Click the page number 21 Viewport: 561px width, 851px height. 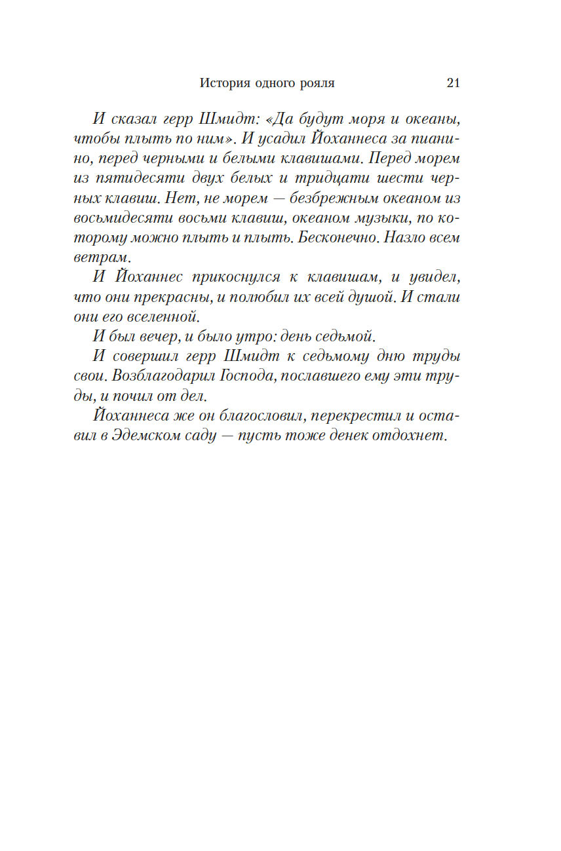(453, 83)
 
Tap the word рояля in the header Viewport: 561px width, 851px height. (317, 83)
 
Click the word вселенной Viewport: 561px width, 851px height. (164, 316)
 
